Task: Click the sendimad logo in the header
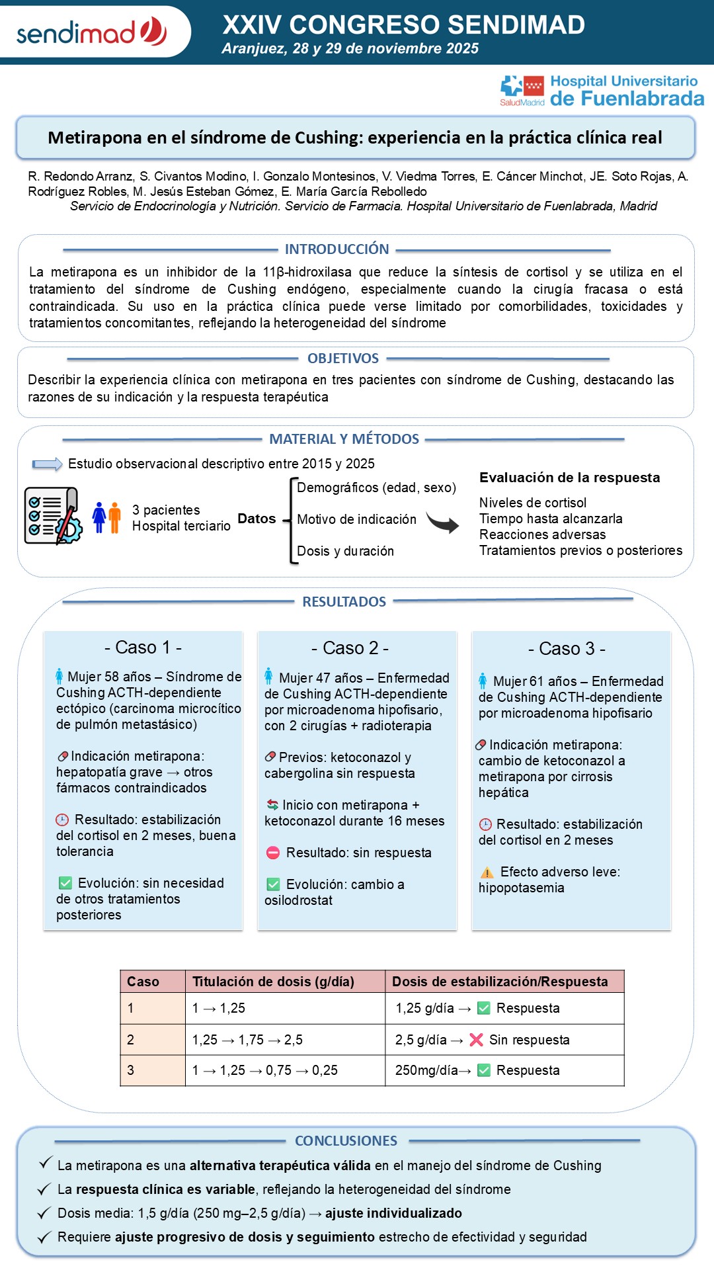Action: [x=91, y=32]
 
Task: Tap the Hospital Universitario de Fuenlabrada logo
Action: [x=602, y=91]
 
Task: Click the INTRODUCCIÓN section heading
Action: [x=337, y=249]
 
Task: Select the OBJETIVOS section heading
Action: [x=342, y=359]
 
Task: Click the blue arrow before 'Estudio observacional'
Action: [x=47, y=464]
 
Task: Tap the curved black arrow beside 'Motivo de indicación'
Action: [x=442, y=523]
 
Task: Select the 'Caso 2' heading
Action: [x=350, y=648]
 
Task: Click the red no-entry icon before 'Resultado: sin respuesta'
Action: [x=273, y=853]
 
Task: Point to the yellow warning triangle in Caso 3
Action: [x=487, y=872]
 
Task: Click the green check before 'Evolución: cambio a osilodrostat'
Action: [x=273, y=885]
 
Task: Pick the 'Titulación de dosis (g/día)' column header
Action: [x=273, y=982]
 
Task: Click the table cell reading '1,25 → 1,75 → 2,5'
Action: [x=247, y=1040]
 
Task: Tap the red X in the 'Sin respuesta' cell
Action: [x=476, y=1040]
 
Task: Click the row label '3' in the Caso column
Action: [x=131, y=1070]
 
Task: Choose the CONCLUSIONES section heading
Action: [x=346, y=1141]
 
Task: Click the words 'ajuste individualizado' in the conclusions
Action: [x=393, y=1213]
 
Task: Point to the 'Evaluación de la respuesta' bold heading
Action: [x=569, y=478]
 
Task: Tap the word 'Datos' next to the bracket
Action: [x=257, y=519]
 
